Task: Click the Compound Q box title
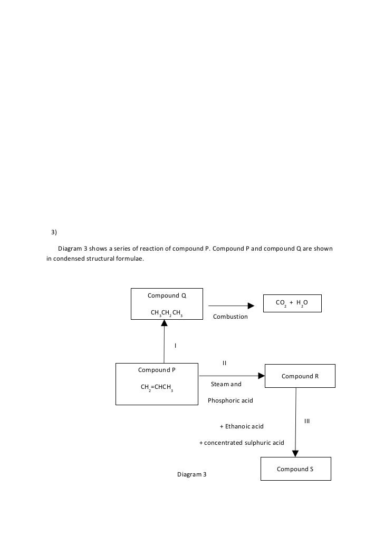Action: (x=167, y=295)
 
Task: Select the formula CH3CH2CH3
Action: (x=167, y=313)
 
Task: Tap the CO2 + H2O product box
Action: (x=292, y=303)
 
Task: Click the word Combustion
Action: (x=231, y=317)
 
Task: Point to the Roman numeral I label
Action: (x=175, y=346)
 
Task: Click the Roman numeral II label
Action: (x=224, y=363)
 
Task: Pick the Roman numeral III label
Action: (x=307, y=421)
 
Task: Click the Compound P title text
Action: (x=157, y=370)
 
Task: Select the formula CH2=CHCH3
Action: (x=157, y=387)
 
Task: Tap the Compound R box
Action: (x=300, y=376)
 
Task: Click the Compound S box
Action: (x=296, y=469)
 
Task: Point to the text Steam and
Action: (x=226, y=384)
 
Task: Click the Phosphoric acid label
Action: (x=231, y=400)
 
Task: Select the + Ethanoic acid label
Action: (x=242, y=426)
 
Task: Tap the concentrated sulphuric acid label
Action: (x=242, y=443)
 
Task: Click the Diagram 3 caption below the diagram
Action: (x=192, y=474)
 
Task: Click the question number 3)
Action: (x=54, y=232)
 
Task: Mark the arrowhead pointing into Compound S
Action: (x=295, y=454)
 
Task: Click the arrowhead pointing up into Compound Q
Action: (x=164, y=323)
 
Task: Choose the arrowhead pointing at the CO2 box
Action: (x=251, y=306)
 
